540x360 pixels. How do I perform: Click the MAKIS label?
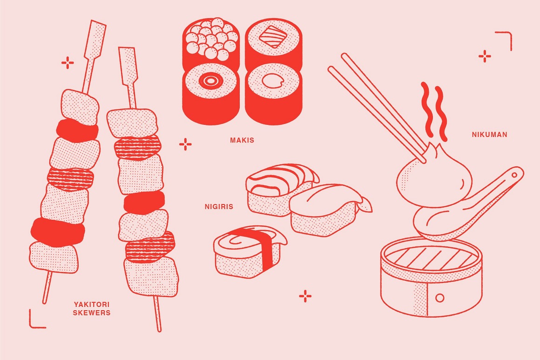point(242,140)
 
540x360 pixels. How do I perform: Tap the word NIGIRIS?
point(219,206)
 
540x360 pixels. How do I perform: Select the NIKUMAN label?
point(489,135)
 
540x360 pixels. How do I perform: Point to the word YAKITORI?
point(92,304)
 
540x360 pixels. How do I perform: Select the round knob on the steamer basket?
point(439,297)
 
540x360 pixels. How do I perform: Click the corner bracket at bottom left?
point(36,320)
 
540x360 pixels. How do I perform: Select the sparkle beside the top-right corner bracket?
point(485,56)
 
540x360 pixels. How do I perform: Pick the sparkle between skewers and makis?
point(185,144)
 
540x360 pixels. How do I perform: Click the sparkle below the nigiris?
point(305,296)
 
